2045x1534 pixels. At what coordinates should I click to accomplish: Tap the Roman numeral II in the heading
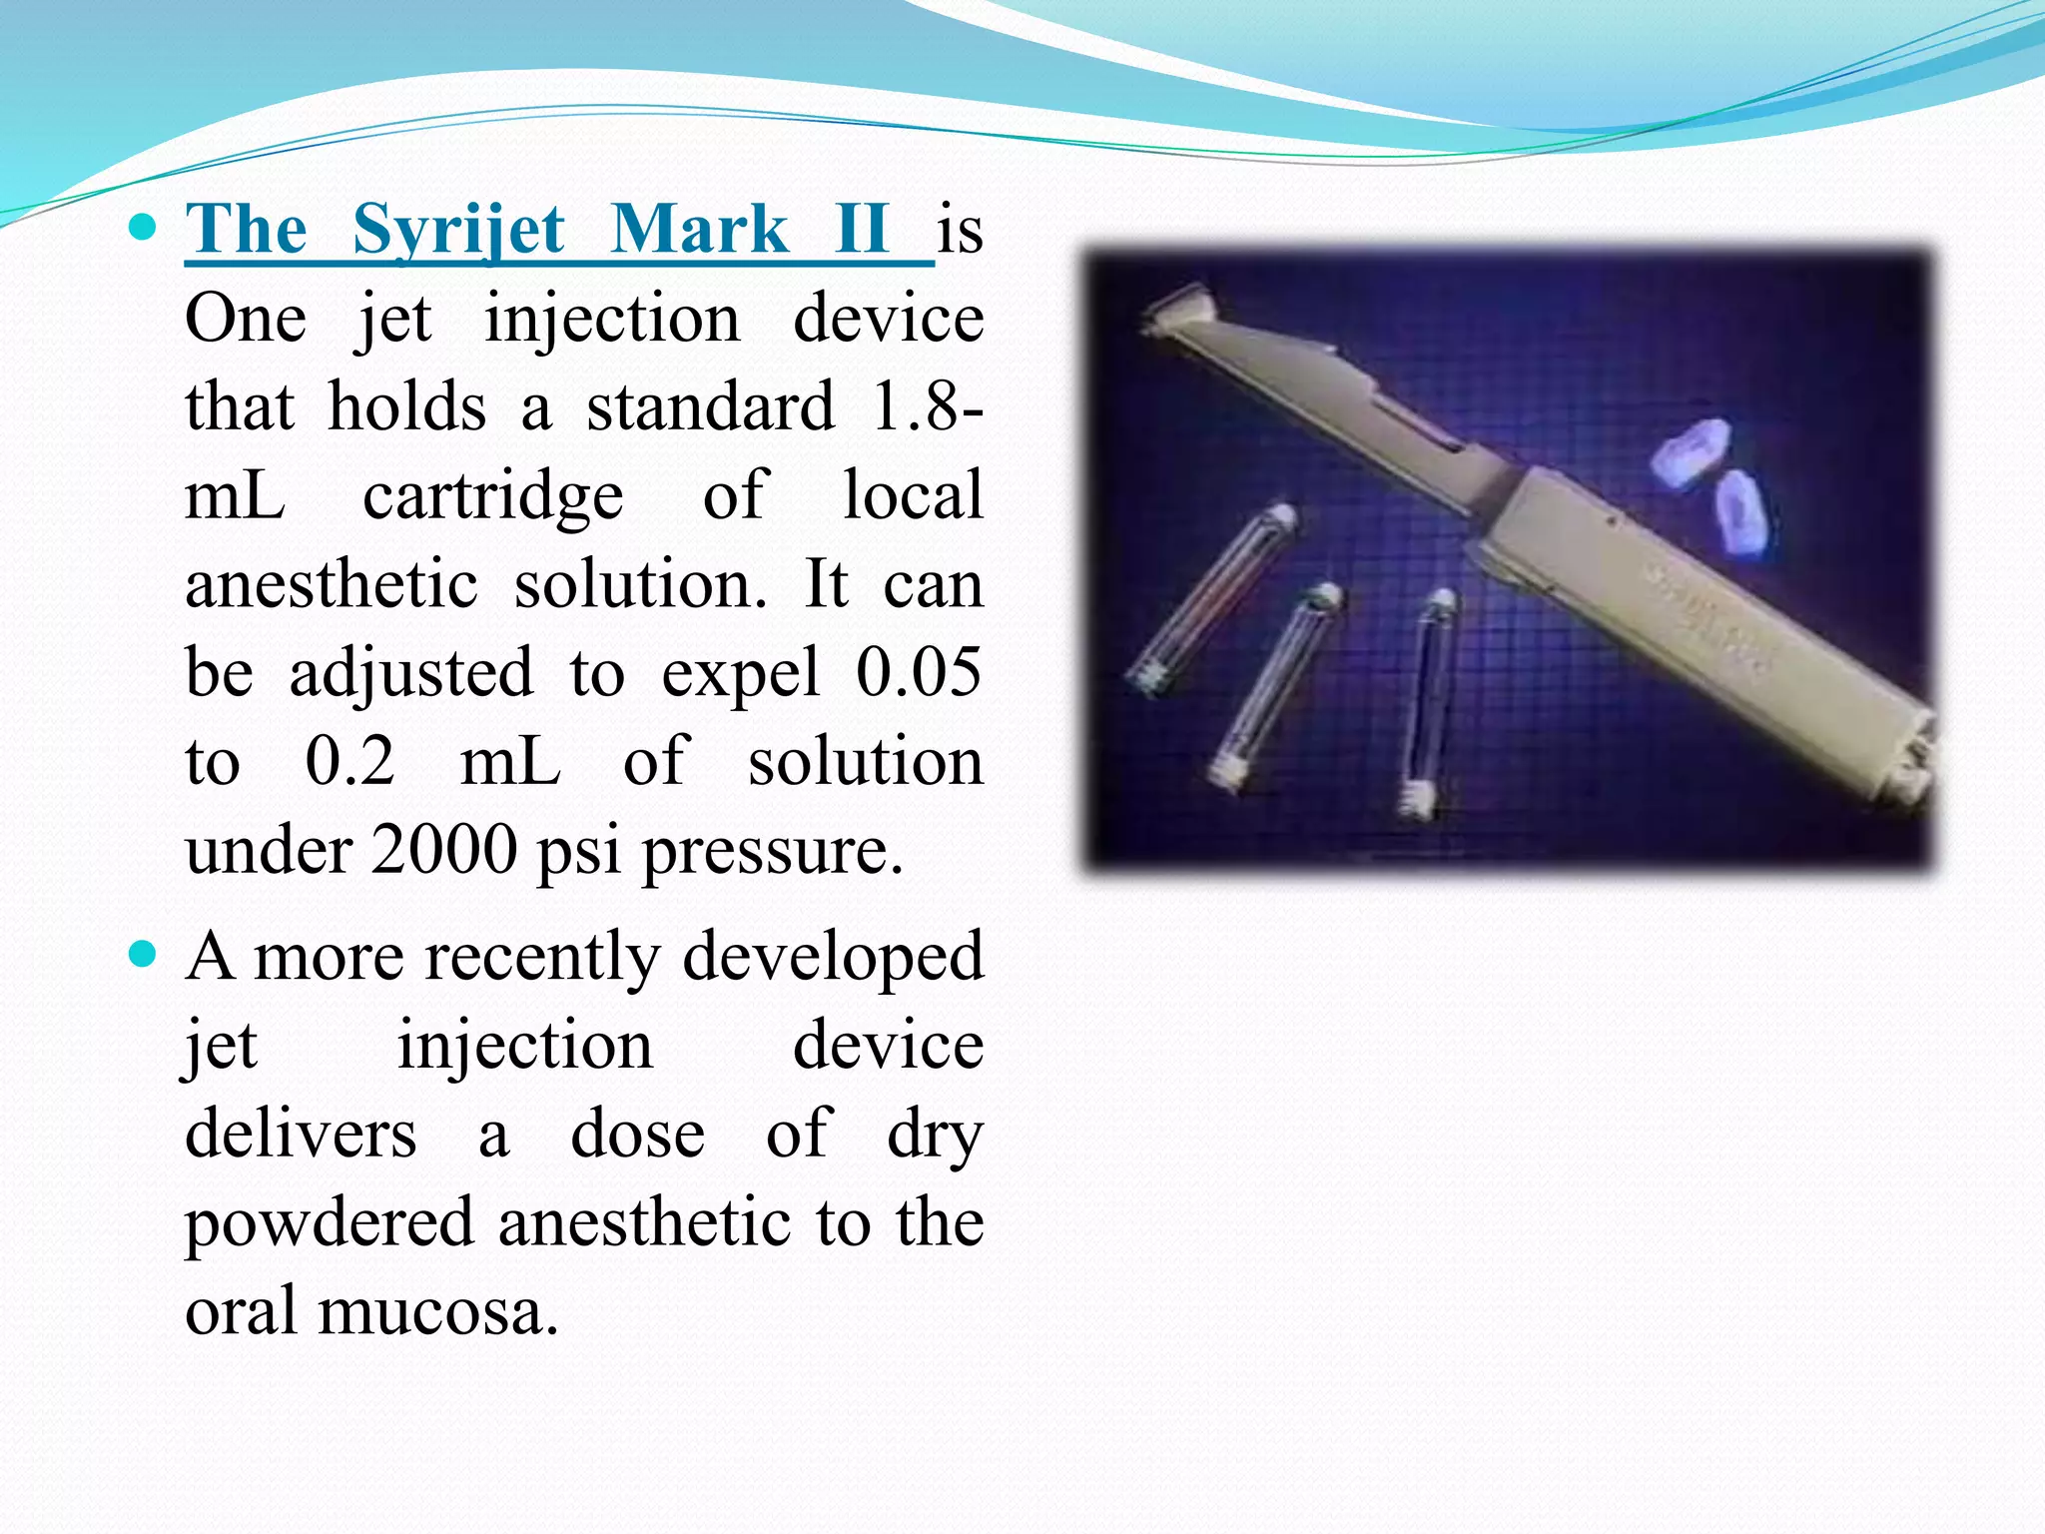click(861, 229)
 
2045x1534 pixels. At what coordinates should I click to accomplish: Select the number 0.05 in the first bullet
click(918, 672)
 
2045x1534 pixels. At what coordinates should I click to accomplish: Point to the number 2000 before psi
click(443, 850)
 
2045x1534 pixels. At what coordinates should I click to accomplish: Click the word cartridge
click(492, 496)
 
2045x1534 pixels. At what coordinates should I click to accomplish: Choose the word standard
click(709, 407)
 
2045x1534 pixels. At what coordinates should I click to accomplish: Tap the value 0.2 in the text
click(349, 761)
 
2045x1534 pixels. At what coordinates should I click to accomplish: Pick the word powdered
click(330, 1223)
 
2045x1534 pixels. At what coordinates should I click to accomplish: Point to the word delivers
click(301, 1135)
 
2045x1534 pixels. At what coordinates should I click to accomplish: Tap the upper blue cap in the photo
click(1689, 455)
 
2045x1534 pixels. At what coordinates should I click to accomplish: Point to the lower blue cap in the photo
click(1741, 514)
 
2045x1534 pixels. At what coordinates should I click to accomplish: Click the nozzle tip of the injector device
click(1178, 304)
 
